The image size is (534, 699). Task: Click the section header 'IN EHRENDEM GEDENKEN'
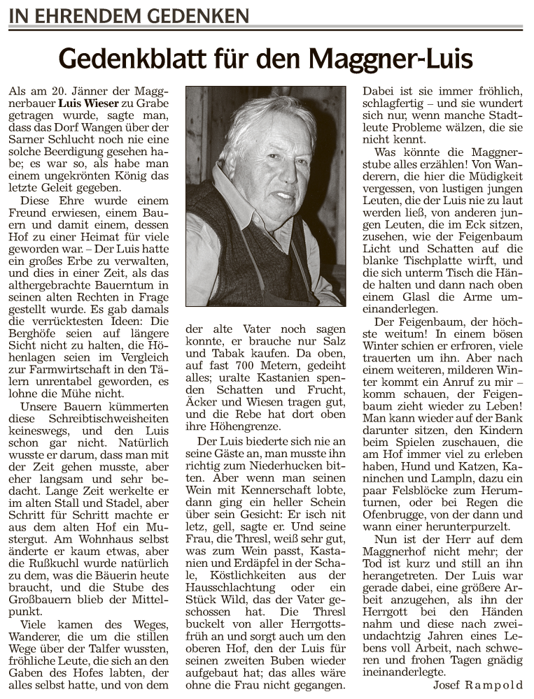129,15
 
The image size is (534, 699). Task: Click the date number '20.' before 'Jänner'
61,92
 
